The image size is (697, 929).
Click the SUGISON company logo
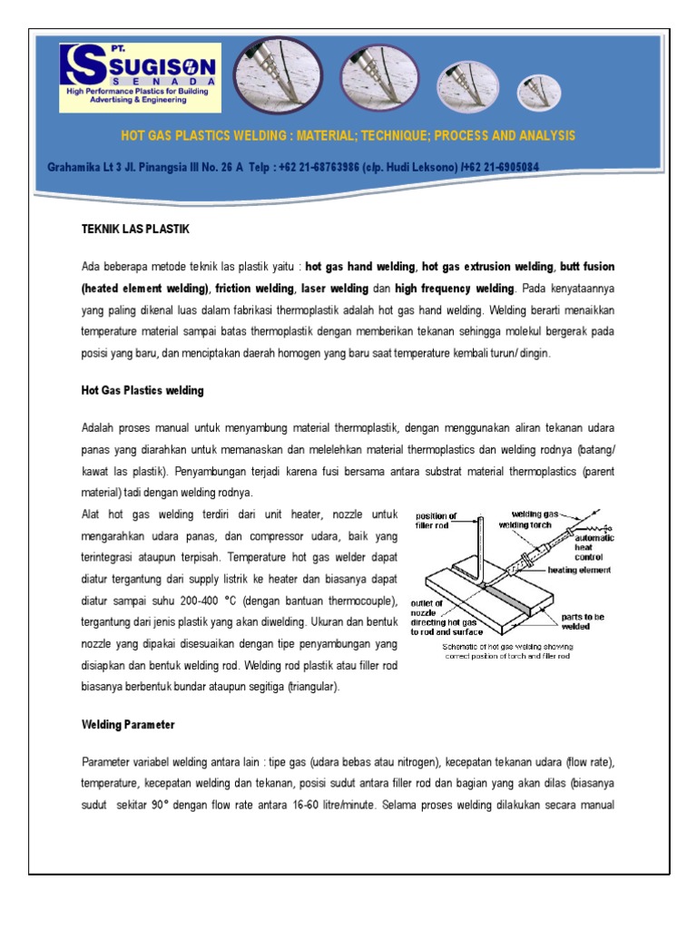[x=139, y=76]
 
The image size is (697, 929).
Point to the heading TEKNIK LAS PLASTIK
[x=135, y=230]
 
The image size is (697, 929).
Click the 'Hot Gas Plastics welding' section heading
[x=142, y=390]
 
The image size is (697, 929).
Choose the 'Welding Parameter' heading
[x=128, y=725]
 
